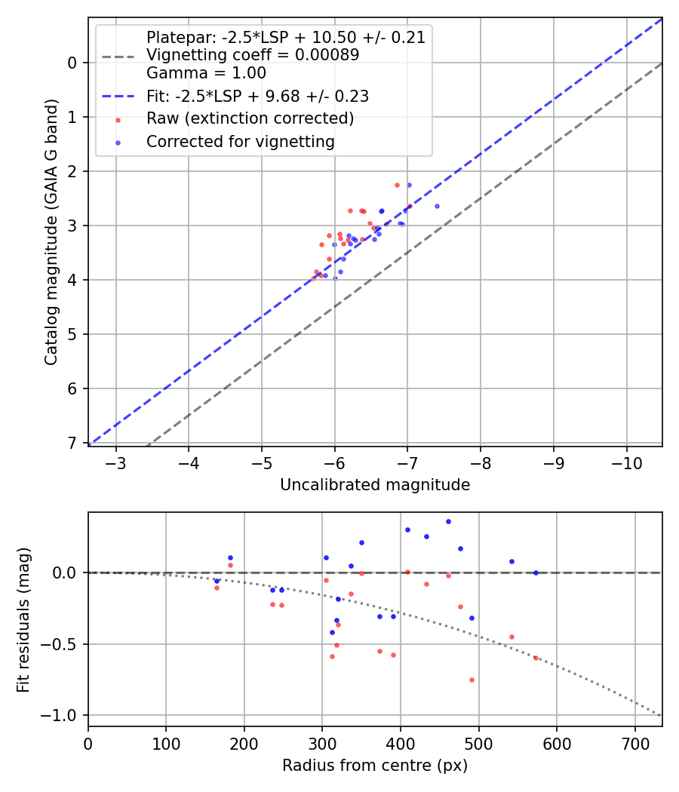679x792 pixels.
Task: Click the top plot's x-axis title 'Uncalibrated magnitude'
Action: tap(375, 485)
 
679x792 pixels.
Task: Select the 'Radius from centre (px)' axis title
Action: tap(375, 766)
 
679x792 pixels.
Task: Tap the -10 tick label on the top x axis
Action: tap(626, 462)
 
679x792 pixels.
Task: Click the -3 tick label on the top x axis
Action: tap(116, 462)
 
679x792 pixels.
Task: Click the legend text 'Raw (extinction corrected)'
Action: tap(250, 119)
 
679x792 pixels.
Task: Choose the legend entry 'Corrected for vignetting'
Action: tap(240, 142)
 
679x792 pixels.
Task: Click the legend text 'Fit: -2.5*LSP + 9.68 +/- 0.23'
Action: tap(257, 97)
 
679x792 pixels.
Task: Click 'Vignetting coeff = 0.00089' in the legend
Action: tap(253, 55)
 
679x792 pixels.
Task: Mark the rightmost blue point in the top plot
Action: tap(437, 206)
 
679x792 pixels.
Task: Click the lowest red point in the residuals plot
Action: tap(472, 680)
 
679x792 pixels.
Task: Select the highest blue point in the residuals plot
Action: tap(448, 521)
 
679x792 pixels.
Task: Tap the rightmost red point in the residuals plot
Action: tap(536, 658)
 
